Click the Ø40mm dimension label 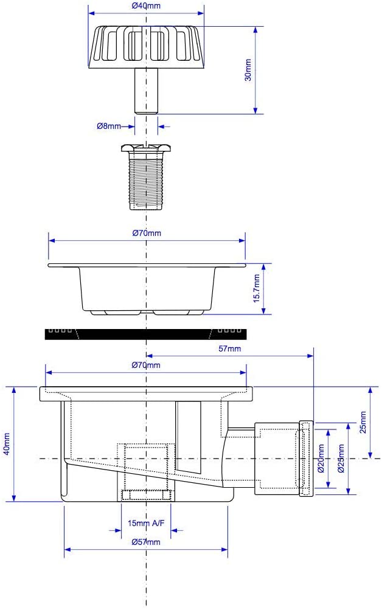click(x=146, y=6)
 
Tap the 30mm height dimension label click(x=248, y=70)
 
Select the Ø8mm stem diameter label click(x=108, y=126)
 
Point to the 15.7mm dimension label click(x=256, y=288)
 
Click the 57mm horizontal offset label click(x=229, y=348)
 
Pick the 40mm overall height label click(x=7, y=445)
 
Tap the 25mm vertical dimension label click(x=363, y=422)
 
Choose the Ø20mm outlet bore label click(x=321, y=459)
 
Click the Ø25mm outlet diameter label click(x=341, y=459)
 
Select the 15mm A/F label click(x=146, y=523)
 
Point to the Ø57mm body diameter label click(x=146, y=542)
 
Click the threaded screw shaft click(x=146, y=181)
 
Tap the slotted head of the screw click(x=146, y=148)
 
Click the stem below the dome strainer click(x=146, y=91)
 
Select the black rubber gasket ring click(x=145, y=334)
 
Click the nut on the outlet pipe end click(x=306, y=459)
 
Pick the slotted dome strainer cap click(x=146, y=47)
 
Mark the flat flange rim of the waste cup click(x=147, y=265)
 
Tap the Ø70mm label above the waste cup click(x=147, y=233)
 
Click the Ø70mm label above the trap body click(x=146, y=365)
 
